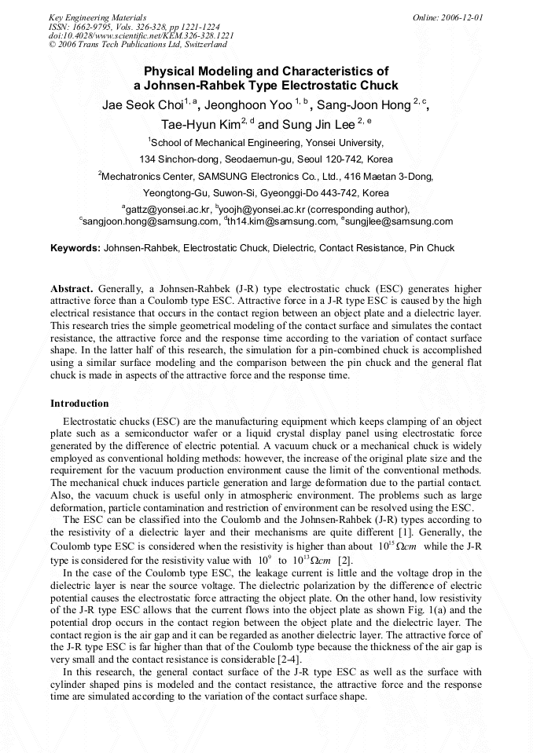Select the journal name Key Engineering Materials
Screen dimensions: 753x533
[x=97, y=16]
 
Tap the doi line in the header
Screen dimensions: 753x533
[x=141, y=35]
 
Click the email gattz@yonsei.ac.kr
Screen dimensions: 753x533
[x=167, y=210]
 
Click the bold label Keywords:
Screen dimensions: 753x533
[x=75, y=248]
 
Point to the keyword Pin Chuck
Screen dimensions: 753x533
[x=432, y=248]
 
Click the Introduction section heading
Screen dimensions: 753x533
[x=79, y=404]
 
